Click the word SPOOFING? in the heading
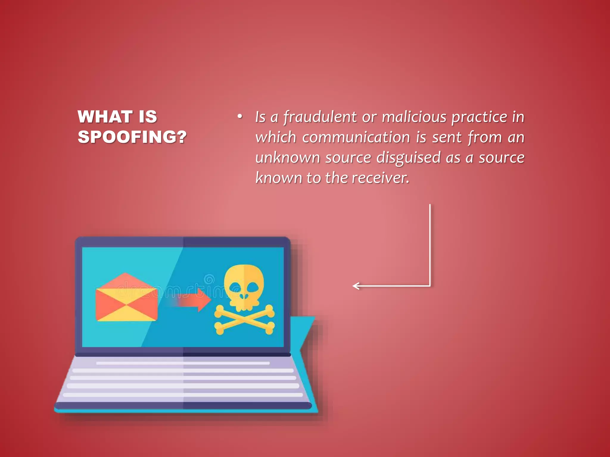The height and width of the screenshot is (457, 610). [x=132, y=137]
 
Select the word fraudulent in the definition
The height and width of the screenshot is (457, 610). [x=320, y=117]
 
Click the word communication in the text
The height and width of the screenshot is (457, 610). [x=356, y=137]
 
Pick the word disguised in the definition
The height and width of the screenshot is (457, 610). [x=408, y=158]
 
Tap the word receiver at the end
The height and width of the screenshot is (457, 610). [x=380, y=178]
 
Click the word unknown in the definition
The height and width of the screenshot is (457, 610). [x=287, y=158]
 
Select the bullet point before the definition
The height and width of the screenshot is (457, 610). [x=240, y=117]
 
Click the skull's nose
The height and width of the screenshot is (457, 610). [x=244, y=296]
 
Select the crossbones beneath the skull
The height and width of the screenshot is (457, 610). [x=244, y=320]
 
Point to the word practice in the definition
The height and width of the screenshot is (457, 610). [x=480, y=117]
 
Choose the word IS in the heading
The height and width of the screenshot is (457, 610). [x=148, y=117]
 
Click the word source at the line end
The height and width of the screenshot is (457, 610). [x=502, y=158]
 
